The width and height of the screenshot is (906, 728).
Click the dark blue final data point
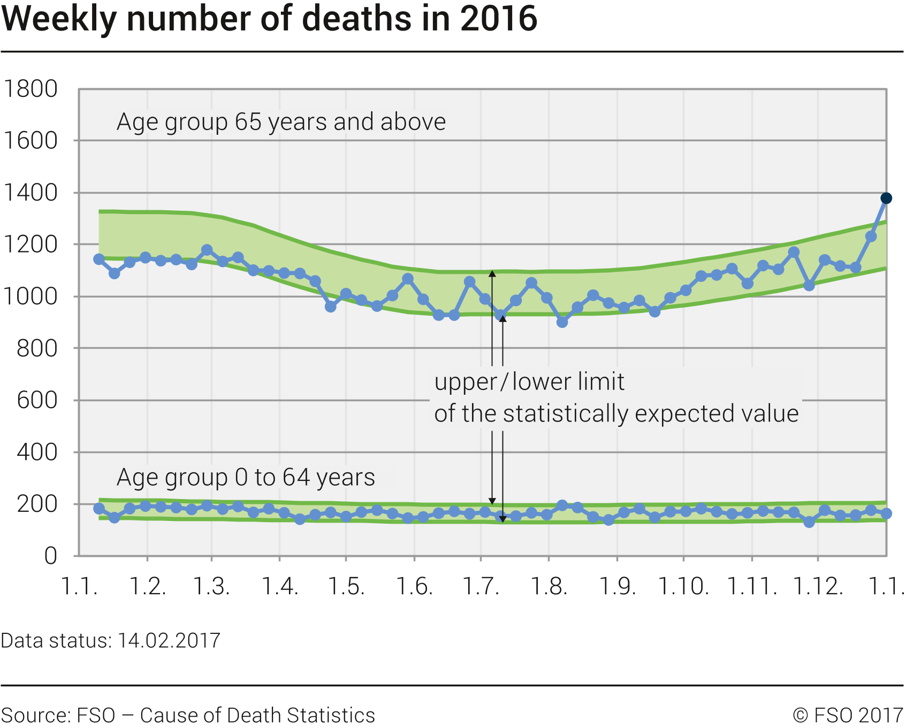pos(886,198)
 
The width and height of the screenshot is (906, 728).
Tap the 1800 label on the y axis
pos(31,89)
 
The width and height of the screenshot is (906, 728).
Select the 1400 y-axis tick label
pos(31,193)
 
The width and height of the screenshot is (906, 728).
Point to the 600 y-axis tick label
pos(37,400)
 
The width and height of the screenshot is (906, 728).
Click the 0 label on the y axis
pos(50,556)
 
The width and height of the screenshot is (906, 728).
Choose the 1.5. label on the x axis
pos(346,586)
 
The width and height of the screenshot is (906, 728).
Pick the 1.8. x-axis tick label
pos(549,586)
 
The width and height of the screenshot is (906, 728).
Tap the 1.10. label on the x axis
pos(683,586)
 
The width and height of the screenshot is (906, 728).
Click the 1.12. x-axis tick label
pos(818,586)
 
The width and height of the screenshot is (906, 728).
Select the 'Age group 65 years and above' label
pos(281,122)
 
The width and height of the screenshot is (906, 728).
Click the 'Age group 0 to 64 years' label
pos(246,477)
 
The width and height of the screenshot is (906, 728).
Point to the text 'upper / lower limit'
pos(529,382)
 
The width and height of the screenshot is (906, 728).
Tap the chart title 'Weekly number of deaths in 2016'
pos(269,19)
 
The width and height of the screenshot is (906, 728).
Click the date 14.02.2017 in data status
pos(169,640)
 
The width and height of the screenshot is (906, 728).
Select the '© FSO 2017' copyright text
pos(848,715)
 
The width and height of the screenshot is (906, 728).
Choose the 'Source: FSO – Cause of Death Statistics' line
pos(188,715)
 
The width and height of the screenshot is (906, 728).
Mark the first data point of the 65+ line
pos(99,259)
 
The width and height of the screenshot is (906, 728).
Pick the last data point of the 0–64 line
pos(886,514)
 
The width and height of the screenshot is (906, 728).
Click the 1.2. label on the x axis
pos(148,586)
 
